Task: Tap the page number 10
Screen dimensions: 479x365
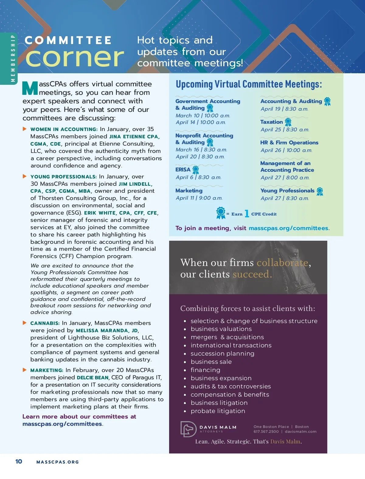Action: [x=19, y=461]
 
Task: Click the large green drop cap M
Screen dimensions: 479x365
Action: [x=30, y=88]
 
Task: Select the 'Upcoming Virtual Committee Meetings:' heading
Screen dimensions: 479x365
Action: [x=249, y=84]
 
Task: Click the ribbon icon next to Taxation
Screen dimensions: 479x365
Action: [x=288, y=122]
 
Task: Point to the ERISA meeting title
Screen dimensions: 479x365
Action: [x=183, y=170]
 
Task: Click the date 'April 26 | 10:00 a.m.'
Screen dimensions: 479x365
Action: [x=286, y=150]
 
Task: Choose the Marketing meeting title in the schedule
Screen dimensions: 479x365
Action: [x=189, y=191]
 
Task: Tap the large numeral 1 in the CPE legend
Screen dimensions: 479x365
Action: [x=247, y=214]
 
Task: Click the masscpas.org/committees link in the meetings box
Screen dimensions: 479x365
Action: [x=288, y=228]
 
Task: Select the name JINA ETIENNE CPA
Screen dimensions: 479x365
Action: [x=134, y=136]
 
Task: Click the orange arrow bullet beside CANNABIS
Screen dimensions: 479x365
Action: [x=25, y=323]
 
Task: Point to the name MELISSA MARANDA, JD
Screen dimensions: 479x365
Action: [x=107, y=330]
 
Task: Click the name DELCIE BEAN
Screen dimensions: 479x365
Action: [x=92, y=377]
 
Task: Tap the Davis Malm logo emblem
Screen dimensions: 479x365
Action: [x=188, y=429]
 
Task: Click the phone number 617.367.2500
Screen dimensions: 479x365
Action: [x=266, y=432]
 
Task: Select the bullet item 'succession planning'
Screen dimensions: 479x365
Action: [x=222, y=353]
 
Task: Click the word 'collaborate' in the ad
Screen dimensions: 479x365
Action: [x=282, y=263]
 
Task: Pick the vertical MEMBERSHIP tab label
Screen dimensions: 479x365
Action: [x=13, y=58]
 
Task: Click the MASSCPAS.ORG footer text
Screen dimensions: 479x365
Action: [x=57, y=462]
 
